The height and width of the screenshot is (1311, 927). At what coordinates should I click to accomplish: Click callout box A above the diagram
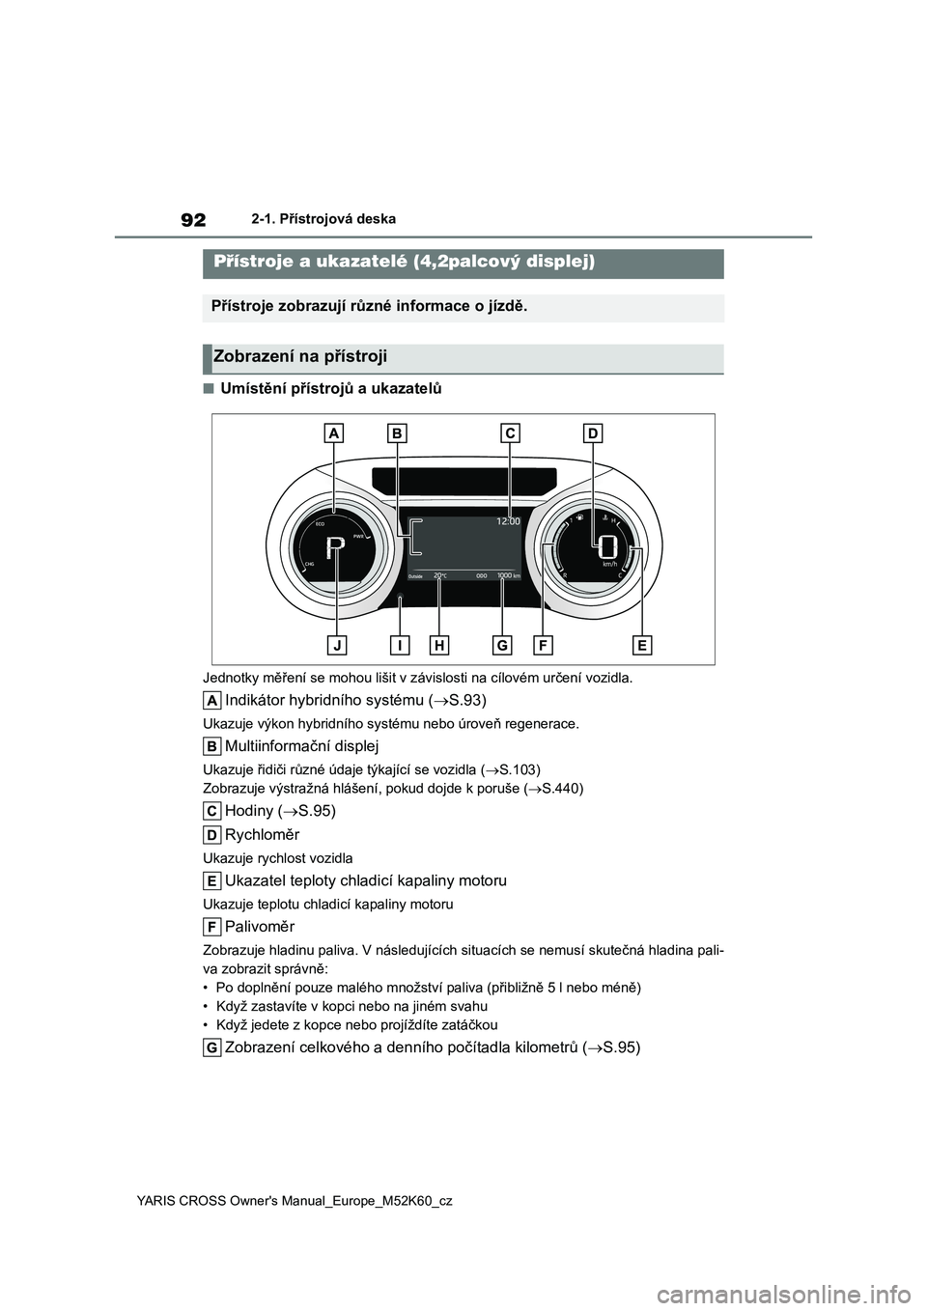pos(334,433)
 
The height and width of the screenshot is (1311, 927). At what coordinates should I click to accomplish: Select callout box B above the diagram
pos(396,433)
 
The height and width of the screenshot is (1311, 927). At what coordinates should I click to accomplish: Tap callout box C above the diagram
pos(511,433)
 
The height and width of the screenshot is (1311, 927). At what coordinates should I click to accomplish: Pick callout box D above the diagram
pos(592,433)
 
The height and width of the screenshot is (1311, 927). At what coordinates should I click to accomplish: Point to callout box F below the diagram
pos(543,644)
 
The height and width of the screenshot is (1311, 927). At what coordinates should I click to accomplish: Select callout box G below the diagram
pos(502,644)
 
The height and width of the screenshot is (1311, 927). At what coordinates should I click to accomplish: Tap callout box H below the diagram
pos(439,644)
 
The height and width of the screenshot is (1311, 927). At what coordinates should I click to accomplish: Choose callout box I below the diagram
pos(399,644)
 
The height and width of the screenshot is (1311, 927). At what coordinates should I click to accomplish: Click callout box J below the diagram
pos(337,644)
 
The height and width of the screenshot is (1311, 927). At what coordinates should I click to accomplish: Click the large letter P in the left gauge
pos(333,549)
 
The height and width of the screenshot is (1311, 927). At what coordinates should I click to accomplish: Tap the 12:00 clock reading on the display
pos(508,521)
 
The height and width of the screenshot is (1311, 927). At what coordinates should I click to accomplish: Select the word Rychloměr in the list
pos(262,834)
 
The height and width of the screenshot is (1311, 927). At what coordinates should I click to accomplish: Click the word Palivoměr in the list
pos(260,927)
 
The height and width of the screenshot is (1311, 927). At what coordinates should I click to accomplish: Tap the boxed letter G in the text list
pos(211,1047)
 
